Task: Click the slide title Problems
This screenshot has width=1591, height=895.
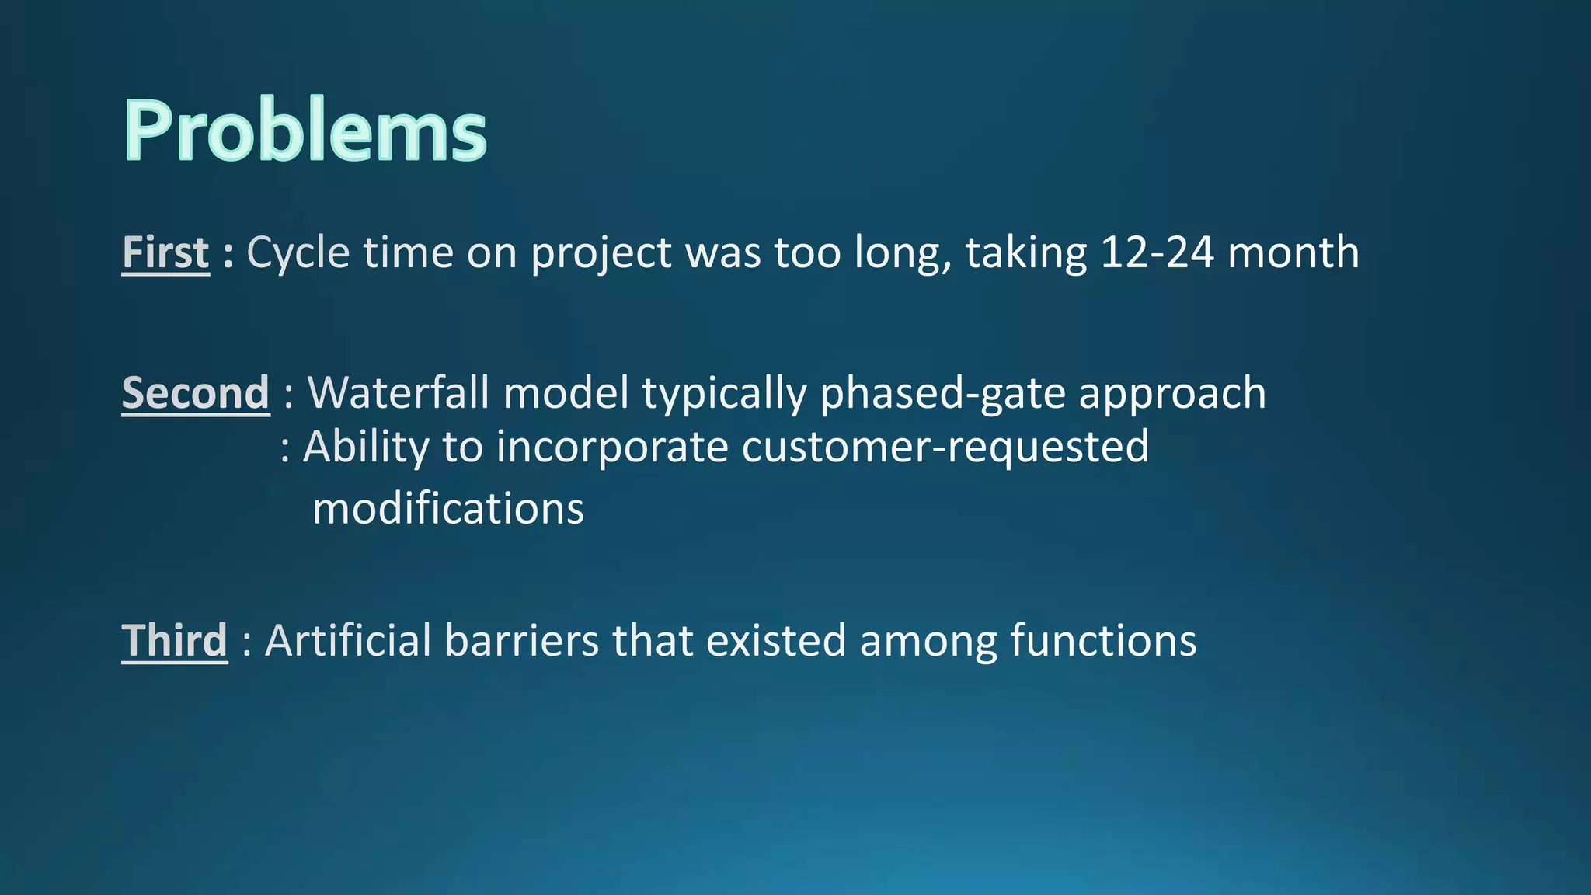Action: coord(305,131)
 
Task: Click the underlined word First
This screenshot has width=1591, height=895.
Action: coord(165,253)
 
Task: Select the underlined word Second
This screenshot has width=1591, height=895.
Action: coord(196,393)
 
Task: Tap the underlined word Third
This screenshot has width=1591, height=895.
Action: coord(175,641)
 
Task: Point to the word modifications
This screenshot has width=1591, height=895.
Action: coord(447,509)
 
